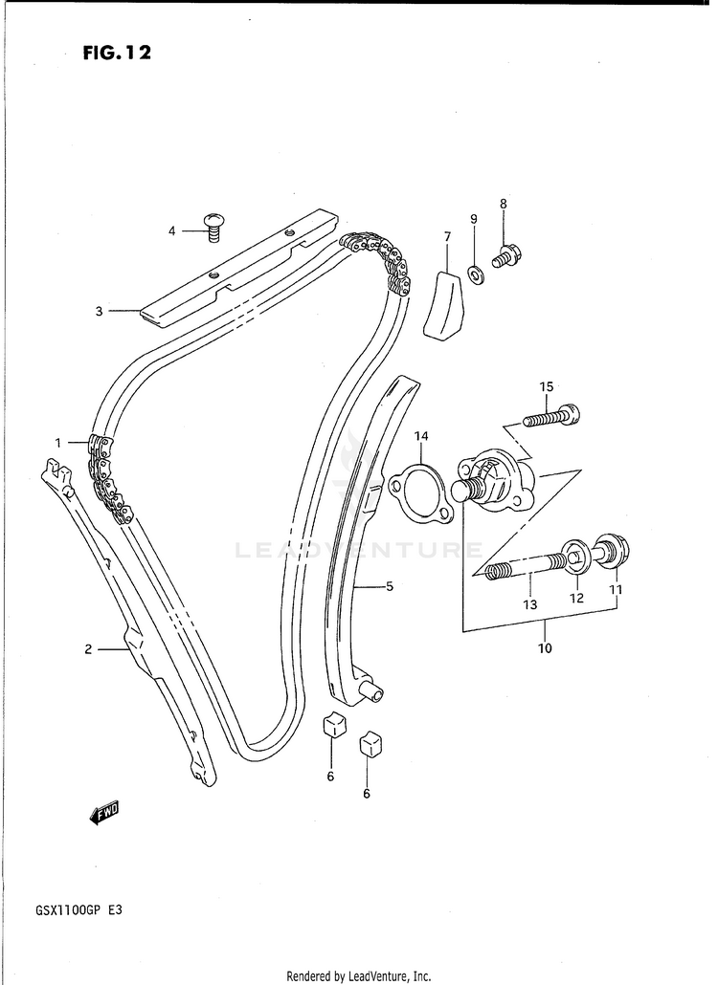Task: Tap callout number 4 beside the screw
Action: coord(172,230)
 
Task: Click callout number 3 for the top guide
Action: coord(99,310)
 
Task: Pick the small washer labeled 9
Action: coord(475,275)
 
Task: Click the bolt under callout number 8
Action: coord(505,255)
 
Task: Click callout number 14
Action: coord(421,437)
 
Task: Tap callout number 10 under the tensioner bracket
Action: coord(545,648)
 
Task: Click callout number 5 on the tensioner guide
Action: coord(390,587)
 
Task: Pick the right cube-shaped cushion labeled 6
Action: coord(370,744)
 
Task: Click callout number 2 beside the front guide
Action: coord(88,649)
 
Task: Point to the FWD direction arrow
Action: coord(103,813)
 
